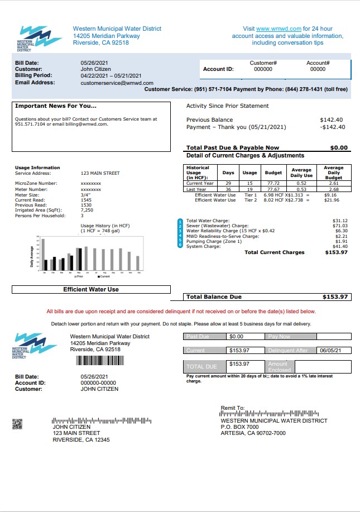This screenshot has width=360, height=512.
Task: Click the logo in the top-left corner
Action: (40, 37)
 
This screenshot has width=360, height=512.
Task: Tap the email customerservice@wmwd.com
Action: (117, 83)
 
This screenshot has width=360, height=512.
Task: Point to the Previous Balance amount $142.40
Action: (332, 120)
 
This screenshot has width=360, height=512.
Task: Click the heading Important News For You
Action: (56, 106)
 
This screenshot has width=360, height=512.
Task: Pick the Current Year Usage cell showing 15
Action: (249, 183)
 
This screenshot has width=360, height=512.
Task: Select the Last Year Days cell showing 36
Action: (229, 189)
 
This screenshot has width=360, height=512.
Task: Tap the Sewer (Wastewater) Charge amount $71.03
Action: (340, 226)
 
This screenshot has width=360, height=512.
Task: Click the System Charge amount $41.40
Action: (340, 246)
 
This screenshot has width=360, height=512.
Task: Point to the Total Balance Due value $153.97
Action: (335, 296)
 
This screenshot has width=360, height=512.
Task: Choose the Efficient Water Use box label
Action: (91, 289)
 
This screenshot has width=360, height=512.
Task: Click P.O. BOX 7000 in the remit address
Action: (240, 427)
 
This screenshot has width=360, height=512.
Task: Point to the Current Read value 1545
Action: (86, 199)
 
